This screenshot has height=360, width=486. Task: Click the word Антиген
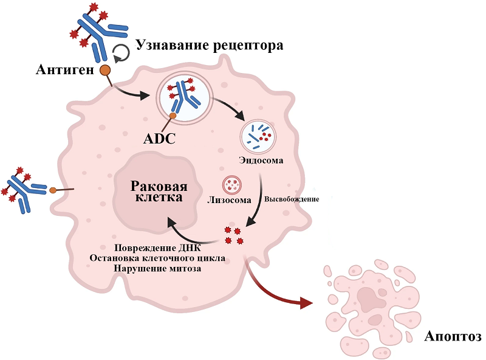(64, 69)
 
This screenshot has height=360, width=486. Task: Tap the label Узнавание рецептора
(210, 45)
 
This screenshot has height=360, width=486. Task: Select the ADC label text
(159, 139)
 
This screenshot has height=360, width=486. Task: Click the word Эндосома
(261, 161)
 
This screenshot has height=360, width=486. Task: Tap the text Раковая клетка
(159, 192)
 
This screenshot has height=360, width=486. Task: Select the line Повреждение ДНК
(157, 248)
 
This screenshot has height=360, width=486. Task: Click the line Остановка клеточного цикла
(157, 258)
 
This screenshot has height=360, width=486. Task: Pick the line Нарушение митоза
(157, 268)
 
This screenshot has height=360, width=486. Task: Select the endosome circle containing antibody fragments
(260, 135)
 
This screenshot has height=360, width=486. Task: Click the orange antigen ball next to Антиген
(105, 70)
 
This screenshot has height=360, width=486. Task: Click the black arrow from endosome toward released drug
(258, 201)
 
